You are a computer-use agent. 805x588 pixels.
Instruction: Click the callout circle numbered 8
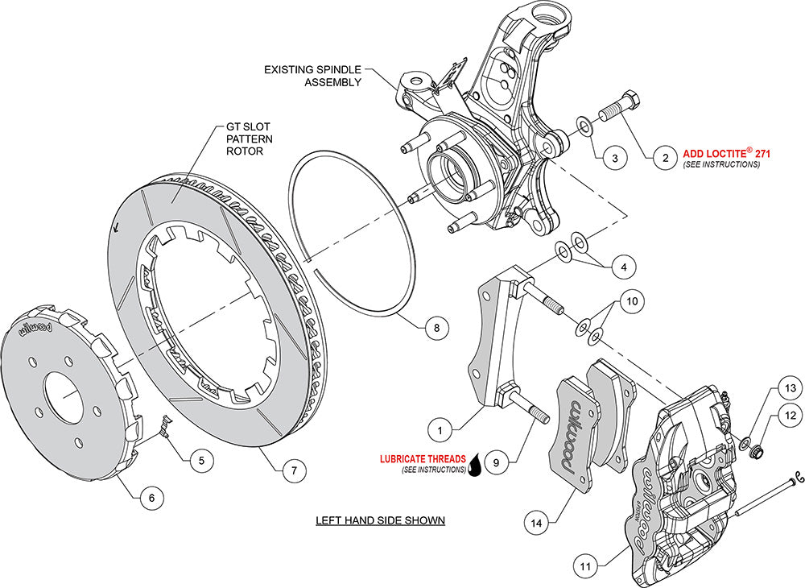coord(435,328)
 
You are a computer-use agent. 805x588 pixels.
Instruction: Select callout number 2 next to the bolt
coord(664,158)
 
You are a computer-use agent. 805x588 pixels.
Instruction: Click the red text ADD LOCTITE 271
coord(721,151)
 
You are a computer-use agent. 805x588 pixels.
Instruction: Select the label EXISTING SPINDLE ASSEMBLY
coord(312,76)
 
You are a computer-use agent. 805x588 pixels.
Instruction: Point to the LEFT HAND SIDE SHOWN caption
coord(380,520)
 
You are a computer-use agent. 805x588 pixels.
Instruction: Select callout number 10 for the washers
coord(632,302)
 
